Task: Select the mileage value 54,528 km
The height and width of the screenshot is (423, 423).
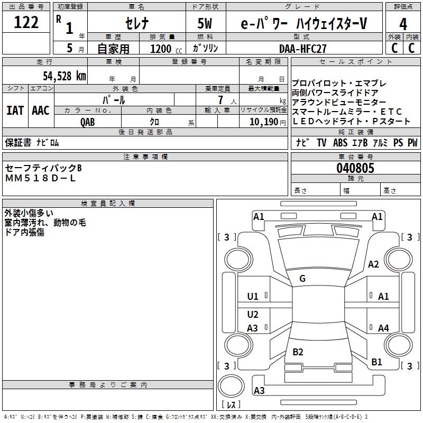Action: pos(64,76)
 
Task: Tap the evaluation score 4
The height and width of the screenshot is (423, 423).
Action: pos(403,24)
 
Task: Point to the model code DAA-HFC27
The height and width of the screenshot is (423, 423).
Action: pos(303,48)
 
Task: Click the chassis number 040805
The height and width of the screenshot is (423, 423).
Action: pos(355,169)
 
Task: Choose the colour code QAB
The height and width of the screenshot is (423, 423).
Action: pos(88,122)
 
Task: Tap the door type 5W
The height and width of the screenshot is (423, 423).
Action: pos(206,24)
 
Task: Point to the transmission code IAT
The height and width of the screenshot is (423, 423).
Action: pos(15,111)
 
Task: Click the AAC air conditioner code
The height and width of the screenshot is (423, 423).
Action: pos(41,111)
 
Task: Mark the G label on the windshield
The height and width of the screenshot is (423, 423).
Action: pos(302,279)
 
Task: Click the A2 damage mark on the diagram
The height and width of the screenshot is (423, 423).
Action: pos(374,264)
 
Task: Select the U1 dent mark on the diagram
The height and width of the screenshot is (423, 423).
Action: pos(253,297)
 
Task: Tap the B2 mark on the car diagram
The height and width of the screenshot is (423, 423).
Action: pos(298,352)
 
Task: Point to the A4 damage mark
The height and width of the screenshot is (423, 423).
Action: pos(383,328)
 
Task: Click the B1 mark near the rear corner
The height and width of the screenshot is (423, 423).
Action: pos(376,362)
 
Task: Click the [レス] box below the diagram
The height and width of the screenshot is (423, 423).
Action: pos(231,404)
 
